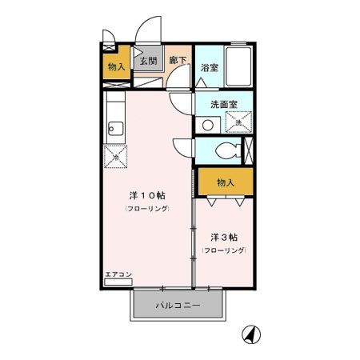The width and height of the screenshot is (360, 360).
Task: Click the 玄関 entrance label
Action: (149, 61)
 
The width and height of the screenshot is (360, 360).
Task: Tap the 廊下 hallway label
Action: (178, 61)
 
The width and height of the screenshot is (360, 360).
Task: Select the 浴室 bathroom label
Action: (210, 67)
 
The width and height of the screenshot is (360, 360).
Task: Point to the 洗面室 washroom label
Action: (225, 104)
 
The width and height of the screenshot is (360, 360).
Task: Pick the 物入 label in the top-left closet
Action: (117, 66)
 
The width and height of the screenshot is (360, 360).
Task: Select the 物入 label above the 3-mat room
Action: (224, 182)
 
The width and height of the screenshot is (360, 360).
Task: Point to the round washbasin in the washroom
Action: (208, 124)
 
